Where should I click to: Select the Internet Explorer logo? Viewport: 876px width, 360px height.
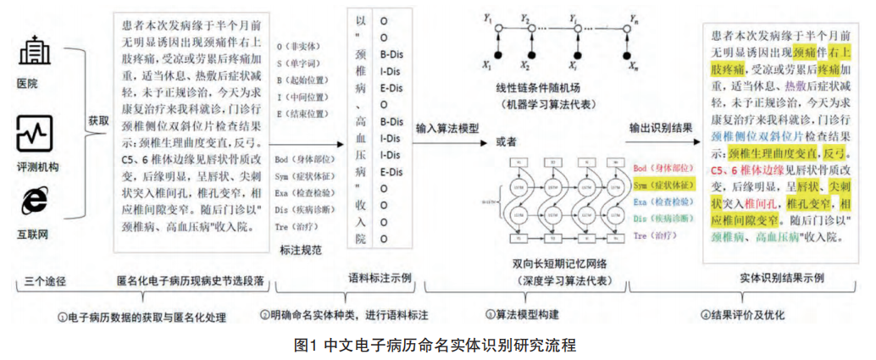[34, 200]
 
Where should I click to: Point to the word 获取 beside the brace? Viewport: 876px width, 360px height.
[99, 120]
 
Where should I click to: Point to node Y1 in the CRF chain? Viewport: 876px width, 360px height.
[486, 17]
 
